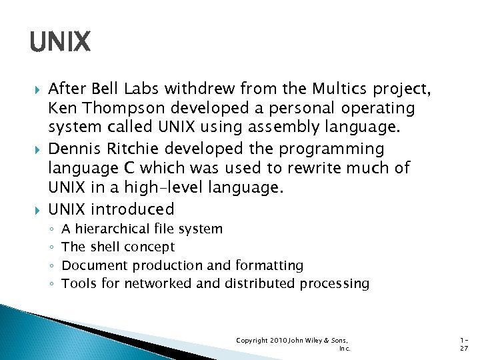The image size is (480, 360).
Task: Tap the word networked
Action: (162, 283)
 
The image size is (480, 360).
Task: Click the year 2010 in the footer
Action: (278, 340)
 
